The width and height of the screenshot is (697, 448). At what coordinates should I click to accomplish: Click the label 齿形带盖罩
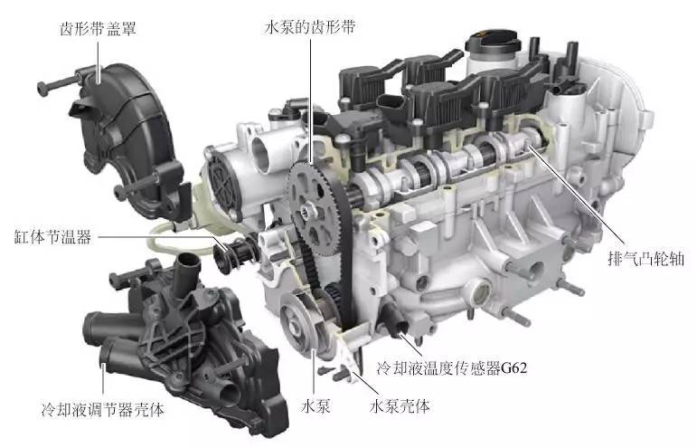point(98,29)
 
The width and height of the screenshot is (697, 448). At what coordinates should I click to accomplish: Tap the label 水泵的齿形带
point(310,27)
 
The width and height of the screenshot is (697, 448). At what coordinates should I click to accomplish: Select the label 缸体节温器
point(53,237)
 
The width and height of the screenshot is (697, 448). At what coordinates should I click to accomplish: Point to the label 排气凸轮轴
point(645,259)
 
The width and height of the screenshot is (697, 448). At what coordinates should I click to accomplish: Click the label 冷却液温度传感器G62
point(452,368)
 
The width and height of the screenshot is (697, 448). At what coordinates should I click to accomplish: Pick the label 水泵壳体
point(400,405)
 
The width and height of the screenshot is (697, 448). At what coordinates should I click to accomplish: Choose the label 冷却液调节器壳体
point(103,409)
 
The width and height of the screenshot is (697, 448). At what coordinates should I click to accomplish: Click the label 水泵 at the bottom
point(316,405)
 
